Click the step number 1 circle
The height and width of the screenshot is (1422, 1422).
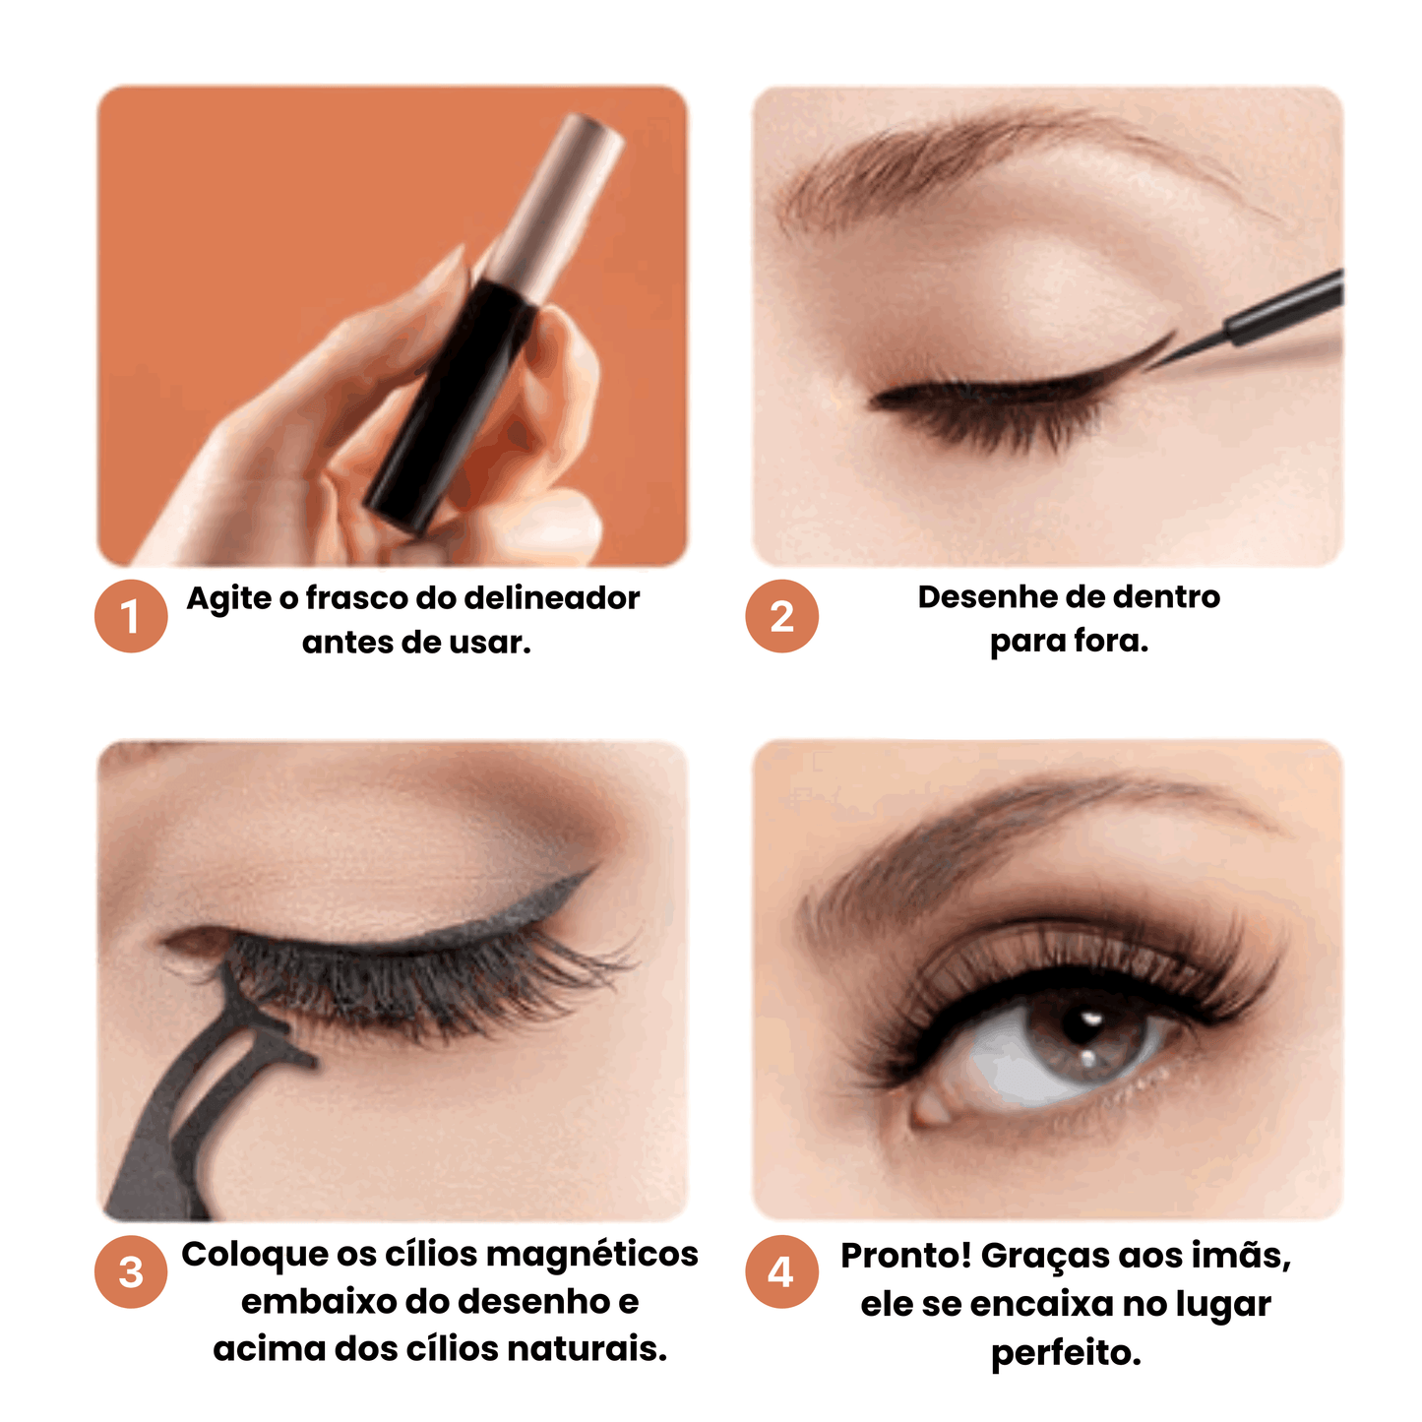(131, 615)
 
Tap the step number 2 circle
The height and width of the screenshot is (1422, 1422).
(781, 615)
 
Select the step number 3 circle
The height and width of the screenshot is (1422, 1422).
(131, 1271)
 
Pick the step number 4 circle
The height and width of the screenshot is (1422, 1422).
(781, 1271)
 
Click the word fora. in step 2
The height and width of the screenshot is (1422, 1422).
(1111, 641)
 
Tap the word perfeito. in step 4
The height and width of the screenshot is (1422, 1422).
(1066, 1353)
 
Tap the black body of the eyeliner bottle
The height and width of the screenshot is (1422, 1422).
(448, 404)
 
